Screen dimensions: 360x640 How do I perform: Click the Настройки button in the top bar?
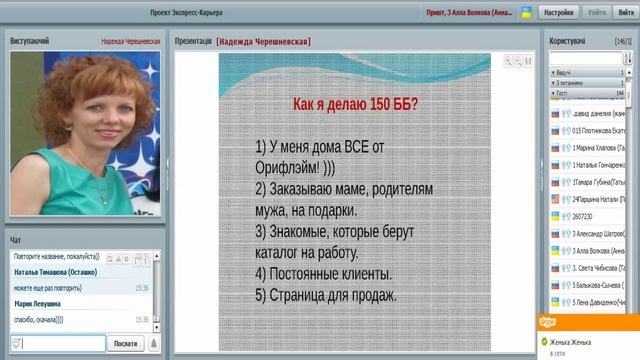558,13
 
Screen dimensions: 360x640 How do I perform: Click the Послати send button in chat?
125,343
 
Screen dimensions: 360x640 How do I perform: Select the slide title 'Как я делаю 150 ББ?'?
354,104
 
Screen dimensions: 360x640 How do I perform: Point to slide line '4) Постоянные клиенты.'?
322,273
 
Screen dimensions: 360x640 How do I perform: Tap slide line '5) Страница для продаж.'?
326,295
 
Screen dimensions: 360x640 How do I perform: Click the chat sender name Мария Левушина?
37,303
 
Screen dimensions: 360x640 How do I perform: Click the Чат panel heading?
15,240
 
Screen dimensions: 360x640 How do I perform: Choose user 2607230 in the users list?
584,215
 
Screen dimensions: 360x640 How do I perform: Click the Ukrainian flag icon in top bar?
527,13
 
